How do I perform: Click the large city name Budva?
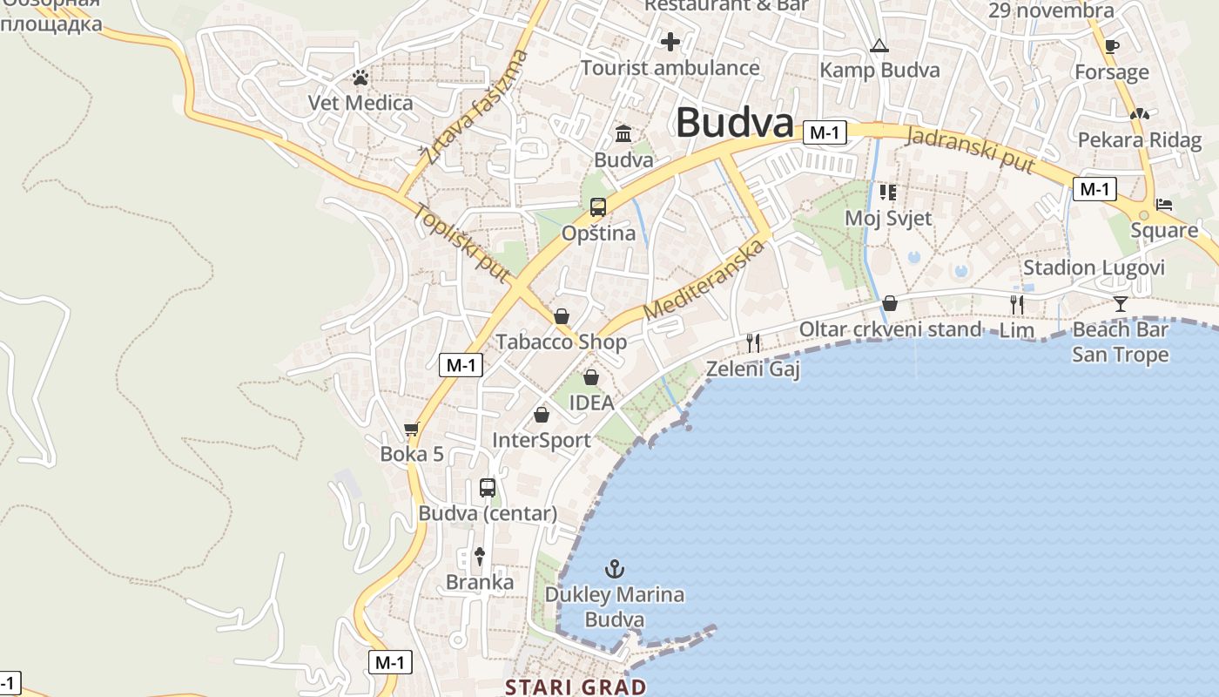click(x=735, y=123)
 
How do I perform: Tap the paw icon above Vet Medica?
click(x=360, y=78)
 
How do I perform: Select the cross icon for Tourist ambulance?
click(x=670, y=41)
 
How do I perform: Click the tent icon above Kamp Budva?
click(x=879, y=45)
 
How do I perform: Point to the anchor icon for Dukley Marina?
click(x=616, y=570)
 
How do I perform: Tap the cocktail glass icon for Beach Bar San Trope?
click(x=1120, y=304)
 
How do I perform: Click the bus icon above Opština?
click(x=598, y=207)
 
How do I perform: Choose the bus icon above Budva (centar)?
click(x=488, y=488)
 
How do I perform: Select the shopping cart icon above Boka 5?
click(x=412, y=430)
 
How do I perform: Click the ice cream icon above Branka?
click(x=479, y=556)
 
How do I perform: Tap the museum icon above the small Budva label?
click(x=623, y=134)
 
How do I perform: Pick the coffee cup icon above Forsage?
click(x=1111, y=46)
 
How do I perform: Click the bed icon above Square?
click(x=1164, y=205)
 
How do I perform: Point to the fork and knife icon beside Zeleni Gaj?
click(x=753, y=343)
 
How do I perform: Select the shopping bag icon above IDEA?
click(x=591, y=377)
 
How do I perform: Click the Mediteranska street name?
click(x=704, y=278)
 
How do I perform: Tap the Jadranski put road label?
click(x=971, y=149)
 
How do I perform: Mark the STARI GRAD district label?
click(x=576, y=687)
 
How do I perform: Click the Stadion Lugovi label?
click(x=1094, y=267)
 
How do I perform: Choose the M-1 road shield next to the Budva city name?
click(x=825, y=132)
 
